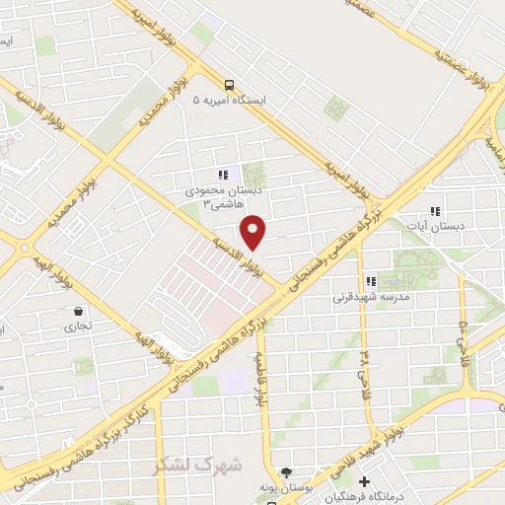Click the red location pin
click(254, 232)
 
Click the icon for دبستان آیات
click(435, 210)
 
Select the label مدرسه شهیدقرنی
click(370, 296)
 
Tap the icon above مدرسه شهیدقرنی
click(371, 280)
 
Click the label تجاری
click(78, 325)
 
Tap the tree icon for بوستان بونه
click(286, 472)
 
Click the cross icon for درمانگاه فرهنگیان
click(365, 482)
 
